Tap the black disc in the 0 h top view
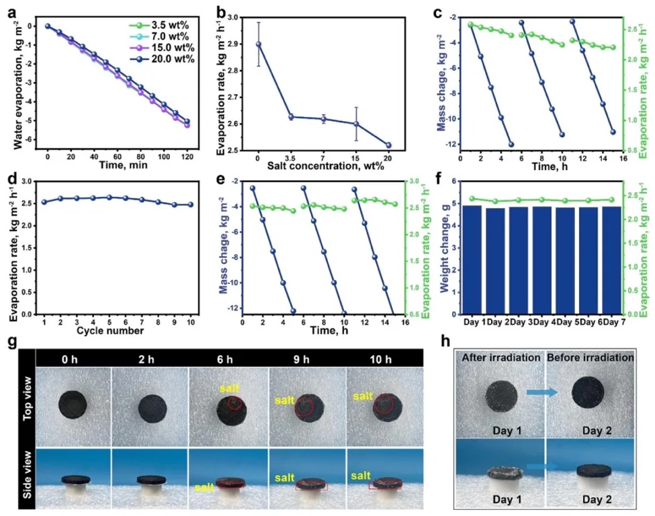tap(73, 404)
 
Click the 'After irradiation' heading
tap(501, 358)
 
